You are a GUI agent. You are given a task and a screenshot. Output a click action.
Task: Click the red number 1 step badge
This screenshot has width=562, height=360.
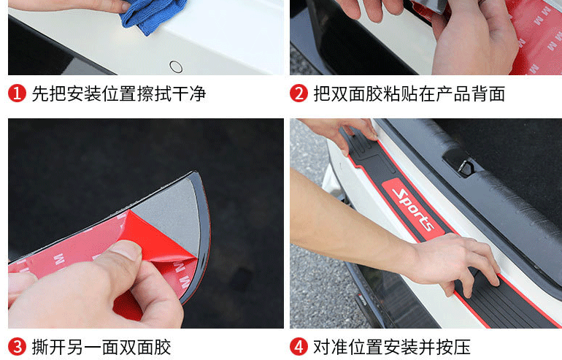[x=17, y=94]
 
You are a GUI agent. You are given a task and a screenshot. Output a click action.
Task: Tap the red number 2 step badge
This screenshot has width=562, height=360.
[x=299, y=94]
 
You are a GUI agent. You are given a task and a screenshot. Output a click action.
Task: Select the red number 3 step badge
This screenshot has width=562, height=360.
[x=17, y=347]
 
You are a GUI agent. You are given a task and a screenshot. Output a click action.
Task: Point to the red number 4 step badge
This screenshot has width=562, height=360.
[x=299, y=347]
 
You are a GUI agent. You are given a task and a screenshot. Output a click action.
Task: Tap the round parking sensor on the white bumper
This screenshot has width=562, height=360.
[x=176, y=66]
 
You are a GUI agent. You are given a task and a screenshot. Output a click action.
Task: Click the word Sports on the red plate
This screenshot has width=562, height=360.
[x=413, y=210]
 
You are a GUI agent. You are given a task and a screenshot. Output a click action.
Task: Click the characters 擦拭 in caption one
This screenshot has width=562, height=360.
[x=154, y=94]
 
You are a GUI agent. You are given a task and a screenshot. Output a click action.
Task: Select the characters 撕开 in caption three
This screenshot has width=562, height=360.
[x=48, y=347]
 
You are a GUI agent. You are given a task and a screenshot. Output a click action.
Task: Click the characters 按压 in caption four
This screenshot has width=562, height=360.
[x=453, y=347]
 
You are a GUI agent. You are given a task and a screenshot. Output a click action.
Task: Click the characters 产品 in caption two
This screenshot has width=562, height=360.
[x=453, y=94]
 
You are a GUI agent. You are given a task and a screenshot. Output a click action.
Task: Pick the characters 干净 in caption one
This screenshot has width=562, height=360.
[x=188, y=94]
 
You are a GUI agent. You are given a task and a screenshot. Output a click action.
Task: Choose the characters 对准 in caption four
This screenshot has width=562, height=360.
[x=331, y=347]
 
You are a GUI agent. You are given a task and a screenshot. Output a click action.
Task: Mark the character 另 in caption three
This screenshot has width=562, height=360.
[x=74, y=347]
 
